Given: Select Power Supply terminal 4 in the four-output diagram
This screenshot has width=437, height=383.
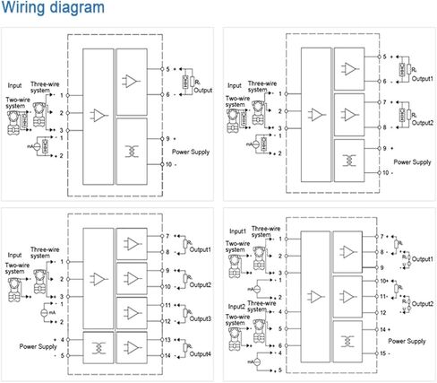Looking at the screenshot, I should click(x=63, y=340).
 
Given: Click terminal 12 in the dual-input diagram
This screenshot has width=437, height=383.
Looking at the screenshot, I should click(x=381, y=311).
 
